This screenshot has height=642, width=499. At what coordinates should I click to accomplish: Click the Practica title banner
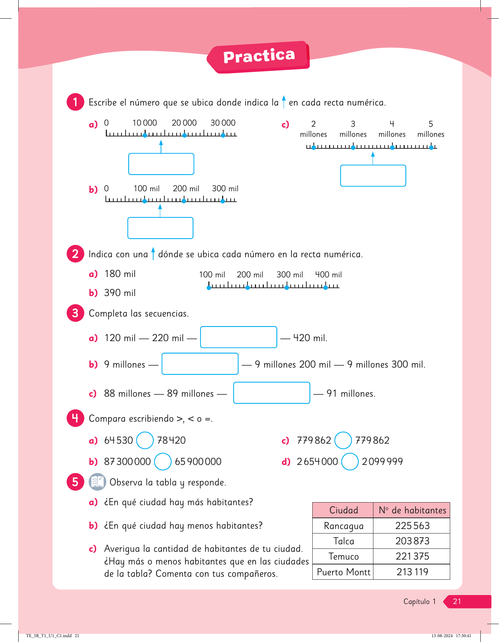point(259,57)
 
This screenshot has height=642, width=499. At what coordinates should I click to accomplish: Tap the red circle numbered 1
point(75,102)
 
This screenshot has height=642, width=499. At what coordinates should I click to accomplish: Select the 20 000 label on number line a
point(184,123)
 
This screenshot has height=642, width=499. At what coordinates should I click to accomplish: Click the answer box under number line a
point(161,164)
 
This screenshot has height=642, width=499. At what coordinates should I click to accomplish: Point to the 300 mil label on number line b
point(225,189)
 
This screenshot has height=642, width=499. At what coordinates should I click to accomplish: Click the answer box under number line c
point(373,176)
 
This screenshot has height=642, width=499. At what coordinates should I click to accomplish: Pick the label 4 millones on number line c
point(392,129)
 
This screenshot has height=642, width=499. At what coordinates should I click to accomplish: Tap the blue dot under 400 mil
point(326,287)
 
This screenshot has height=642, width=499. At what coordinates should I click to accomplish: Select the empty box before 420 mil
point(239,337)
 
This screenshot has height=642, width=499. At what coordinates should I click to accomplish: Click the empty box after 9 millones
point(200,364)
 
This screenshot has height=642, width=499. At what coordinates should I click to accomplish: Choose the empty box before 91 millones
point(272,393)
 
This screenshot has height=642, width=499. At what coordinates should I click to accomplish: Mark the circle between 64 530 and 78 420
point(145,440)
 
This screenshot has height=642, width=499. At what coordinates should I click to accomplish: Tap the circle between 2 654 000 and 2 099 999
point(350,462)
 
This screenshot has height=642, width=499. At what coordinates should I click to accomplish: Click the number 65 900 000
point(198,462)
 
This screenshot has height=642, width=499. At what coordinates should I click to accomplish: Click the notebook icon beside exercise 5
point(98,482)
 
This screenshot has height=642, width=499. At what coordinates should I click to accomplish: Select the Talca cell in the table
point(343,541)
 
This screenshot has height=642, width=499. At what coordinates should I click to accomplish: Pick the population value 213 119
point(412,572)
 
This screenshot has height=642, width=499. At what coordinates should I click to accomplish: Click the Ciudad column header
point(343,510)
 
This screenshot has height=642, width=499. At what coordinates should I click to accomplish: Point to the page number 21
point(457,601)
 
